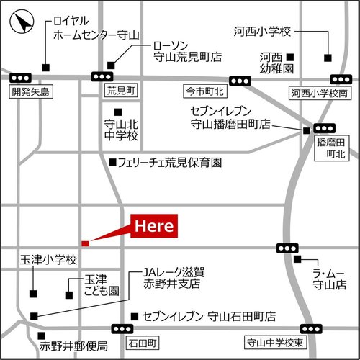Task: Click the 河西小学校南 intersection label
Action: pos(319,93)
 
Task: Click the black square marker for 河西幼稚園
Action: pos(290,57)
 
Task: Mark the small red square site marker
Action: pos(85,243)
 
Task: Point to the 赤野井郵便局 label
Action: pos(74,346)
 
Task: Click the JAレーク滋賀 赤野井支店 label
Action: pos(174,278)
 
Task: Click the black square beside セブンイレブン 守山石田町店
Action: pos(134,316)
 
